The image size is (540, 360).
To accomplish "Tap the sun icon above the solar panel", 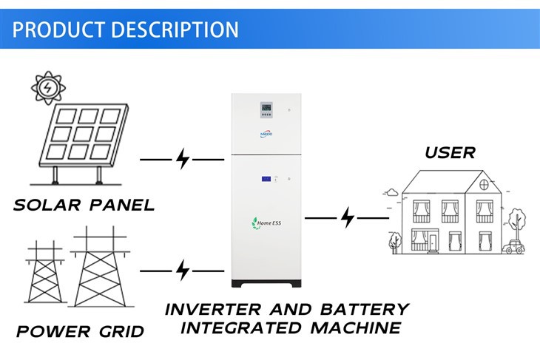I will click(x=47, y=88).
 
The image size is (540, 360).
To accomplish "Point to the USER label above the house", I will click(x=450, y=153).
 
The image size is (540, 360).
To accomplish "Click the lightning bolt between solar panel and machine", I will click(x=183, y=159).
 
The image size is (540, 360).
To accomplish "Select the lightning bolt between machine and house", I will click(x=347, y=218).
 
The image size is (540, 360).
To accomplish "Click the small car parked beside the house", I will click(x=510, y=249).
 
